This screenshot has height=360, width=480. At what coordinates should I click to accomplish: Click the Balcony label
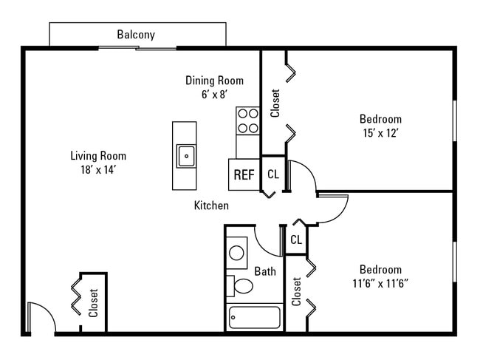click(136, 35)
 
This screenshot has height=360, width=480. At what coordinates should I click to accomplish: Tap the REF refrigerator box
click(244, 175)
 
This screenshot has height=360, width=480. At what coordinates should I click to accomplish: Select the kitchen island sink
click(185, 155)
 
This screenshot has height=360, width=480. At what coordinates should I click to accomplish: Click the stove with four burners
click(247, 120)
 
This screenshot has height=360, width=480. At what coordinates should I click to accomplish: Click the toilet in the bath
click(241, 285)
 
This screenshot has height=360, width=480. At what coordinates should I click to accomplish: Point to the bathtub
click(254, 318)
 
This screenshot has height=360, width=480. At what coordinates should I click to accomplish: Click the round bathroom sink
click(237, 253)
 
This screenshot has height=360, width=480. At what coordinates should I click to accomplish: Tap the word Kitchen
click(211, 206)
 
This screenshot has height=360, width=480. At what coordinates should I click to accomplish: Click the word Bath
click(264, 271)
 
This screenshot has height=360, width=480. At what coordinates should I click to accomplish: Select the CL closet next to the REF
click(272, 174)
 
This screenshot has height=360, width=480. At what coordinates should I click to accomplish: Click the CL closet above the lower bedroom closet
click(296, 240)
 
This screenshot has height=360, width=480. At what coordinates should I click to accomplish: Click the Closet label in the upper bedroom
click(275, 103)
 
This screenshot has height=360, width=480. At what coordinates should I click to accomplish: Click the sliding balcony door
click(137, 49)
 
